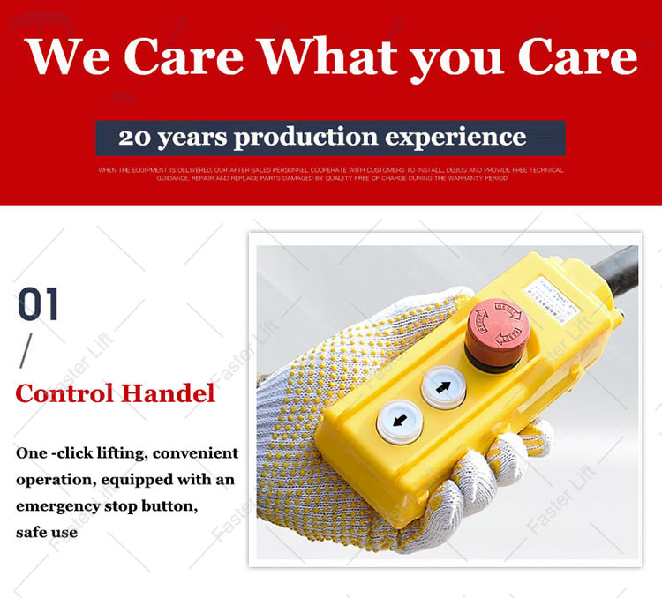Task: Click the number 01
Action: click(x=40, y=305)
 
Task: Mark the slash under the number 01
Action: click(x=26, y=352)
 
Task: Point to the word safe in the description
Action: click(x=33, y=532)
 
